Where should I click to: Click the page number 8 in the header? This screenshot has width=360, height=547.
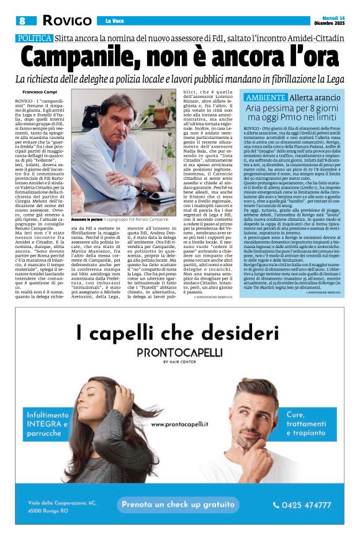coord(22,20)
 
